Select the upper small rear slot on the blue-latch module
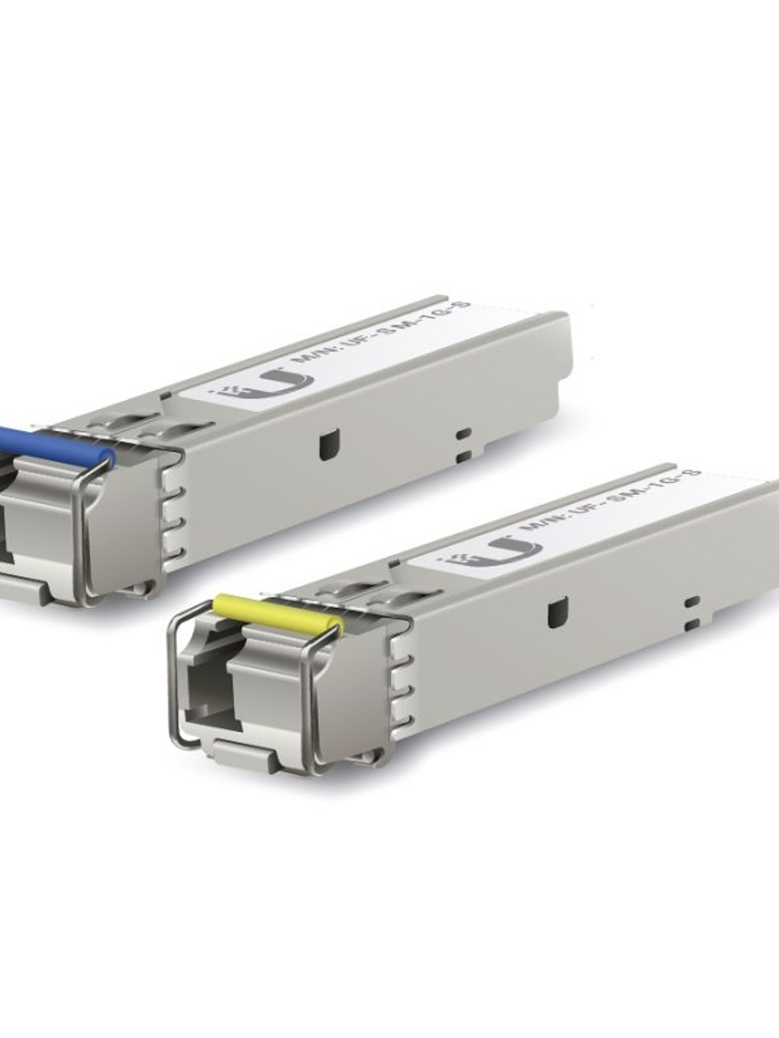[x=464, y=433]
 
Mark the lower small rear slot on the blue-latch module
[x=464, y=456]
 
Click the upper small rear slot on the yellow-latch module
[x=692, y=601]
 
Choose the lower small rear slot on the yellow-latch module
[x=692, y=623]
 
